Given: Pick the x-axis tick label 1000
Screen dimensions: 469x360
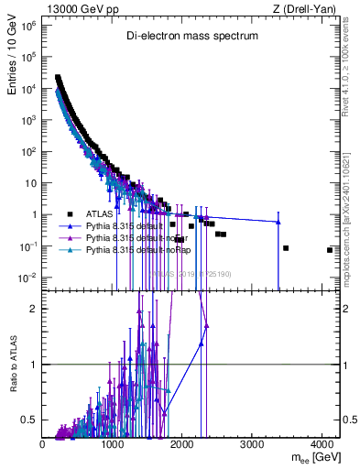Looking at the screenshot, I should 114,445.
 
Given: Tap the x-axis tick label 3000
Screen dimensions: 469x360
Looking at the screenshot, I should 254,445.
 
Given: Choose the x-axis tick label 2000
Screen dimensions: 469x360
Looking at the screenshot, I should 183,445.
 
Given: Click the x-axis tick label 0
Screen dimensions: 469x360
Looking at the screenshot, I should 43,445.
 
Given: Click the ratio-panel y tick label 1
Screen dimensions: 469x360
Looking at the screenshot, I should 34,365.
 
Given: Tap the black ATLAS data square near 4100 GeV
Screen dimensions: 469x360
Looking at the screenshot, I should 329,250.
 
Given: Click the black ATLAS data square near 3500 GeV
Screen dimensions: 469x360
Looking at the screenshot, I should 286,248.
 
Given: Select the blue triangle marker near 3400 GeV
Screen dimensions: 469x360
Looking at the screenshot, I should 278,222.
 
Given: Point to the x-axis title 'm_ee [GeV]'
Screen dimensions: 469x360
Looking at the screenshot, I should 312,459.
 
